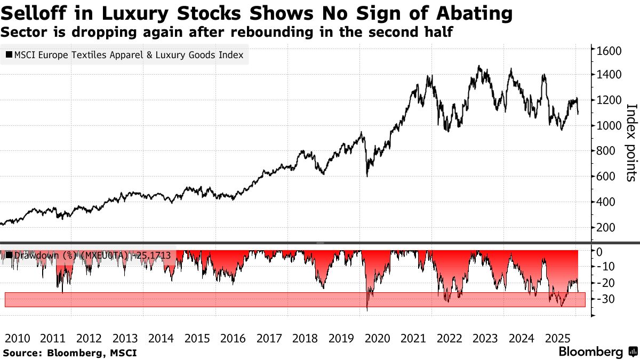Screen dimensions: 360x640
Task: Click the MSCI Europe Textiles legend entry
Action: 124,55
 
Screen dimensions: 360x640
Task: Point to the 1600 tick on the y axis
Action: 609,51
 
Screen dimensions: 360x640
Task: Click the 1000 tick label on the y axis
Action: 609,126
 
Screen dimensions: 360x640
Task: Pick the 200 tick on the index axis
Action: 606,228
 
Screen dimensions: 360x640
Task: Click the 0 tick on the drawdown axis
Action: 599,251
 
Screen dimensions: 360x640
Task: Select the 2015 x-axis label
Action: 196,338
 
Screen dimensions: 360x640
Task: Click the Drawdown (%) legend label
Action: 45,255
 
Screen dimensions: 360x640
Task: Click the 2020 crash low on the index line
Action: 367,175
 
